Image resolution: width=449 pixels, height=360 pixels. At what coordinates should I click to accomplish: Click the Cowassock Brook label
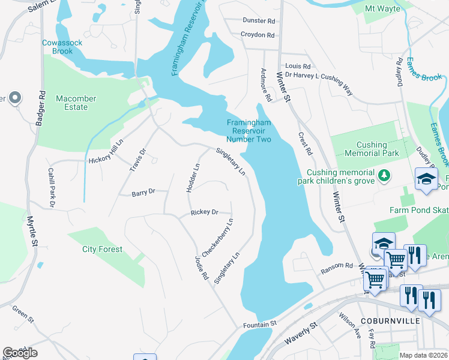click(58, 47)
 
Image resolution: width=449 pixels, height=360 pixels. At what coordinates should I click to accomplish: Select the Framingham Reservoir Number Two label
click(249, 131)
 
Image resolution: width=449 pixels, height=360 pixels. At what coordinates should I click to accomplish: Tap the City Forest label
click(103, 249)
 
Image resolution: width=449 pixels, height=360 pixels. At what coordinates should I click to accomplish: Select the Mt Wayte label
click(383, 8)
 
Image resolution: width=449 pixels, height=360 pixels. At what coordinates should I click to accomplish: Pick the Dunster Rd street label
click(259, 20)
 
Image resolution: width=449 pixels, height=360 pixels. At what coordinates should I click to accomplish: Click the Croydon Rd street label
click(258, 35)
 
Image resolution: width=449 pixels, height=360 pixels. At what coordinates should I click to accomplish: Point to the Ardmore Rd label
click(264, 83)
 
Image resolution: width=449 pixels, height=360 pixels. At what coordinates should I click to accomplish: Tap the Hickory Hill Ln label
click(106, 154)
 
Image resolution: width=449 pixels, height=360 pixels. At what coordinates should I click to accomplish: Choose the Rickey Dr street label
click(204, 212)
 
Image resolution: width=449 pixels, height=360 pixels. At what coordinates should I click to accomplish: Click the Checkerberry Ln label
click(217, 238)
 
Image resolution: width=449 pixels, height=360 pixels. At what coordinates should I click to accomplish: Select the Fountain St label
click(259, 324)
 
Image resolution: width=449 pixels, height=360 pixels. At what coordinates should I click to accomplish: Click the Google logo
click(20, 352)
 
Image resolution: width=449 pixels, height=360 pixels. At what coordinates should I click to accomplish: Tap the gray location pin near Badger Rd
click(15, 98)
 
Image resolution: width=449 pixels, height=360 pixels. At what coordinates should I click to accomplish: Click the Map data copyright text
click(423, 355)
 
